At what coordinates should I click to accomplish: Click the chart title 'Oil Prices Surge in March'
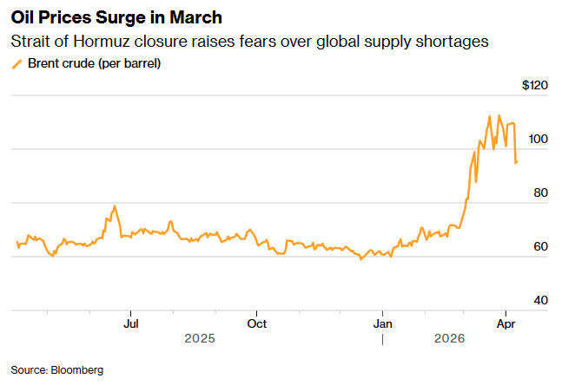click(116, 18)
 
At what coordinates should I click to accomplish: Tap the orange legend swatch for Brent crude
click(17, 63)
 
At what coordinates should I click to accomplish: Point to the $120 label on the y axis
click(535, 86)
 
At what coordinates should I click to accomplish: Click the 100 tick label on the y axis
click(539, 140)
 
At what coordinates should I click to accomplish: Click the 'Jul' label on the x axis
click(130, 323)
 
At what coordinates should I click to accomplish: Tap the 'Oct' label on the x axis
click(256, 323)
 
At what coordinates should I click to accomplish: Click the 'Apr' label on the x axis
click(506, 323)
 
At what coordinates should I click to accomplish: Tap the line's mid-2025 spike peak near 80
click(114, 206)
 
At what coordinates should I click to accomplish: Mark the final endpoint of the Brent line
click(518, 162)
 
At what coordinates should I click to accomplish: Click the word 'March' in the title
click(199, 18)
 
